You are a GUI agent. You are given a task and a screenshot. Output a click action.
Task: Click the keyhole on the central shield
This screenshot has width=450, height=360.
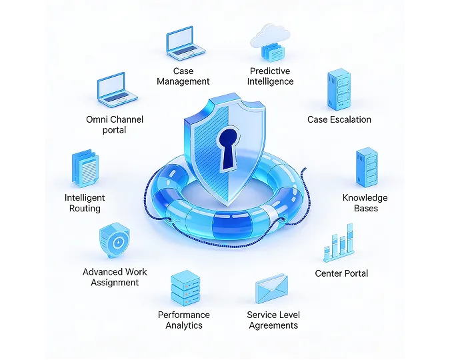click(x=229, y=149)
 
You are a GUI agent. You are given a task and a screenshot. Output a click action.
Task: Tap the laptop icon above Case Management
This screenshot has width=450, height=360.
click(x=185, y=43)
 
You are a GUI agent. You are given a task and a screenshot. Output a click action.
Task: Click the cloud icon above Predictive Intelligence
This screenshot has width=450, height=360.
click(x=271, y=42)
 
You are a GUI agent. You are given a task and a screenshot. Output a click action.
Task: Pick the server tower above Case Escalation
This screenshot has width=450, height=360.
click(x=339, y=89)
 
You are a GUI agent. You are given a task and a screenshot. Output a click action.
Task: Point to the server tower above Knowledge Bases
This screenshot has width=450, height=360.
click(x=367, y=167)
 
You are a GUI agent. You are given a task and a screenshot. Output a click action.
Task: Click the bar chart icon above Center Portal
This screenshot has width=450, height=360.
click(x=339, y=243)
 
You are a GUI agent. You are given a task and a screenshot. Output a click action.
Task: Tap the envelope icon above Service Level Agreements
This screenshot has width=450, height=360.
click(x=271, y=289)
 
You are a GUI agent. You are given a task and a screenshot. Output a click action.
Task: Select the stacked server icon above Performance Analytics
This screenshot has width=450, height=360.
click(x=185, y=288)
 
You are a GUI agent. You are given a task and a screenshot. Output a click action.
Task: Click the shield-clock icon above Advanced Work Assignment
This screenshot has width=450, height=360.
click(x=115, y=240)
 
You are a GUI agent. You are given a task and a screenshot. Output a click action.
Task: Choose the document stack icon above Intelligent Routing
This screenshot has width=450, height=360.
click(x=85, y=169)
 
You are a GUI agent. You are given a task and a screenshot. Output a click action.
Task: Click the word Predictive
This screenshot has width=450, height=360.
click(x=270, y=71)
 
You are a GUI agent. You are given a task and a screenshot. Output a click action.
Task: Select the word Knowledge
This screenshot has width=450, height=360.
click(x=365, y=197)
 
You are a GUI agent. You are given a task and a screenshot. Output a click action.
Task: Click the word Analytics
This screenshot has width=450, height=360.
click(x=184, y=325)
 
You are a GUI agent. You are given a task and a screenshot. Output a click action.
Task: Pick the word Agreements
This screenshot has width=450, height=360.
click(x=273, y=325)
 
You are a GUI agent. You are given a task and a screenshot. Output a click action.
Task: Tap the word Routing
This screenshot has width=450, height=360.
click(x=85, y=209)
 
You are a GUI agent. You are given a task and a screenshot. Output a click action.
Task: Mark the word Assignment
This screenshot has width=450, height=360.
click(x=115, y=283)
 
